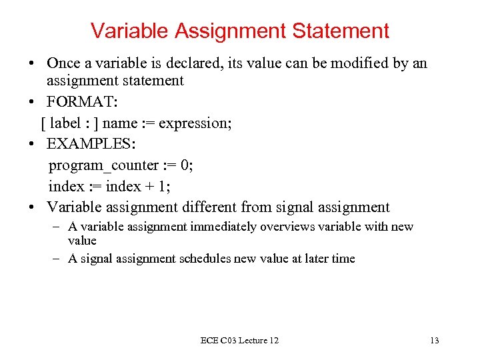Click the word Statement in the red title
[345, 31]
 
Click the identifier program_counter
[103, 165]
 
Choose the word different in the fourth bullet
[206, 207]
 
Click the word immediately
[225, 227]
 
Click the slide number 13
[435, 341]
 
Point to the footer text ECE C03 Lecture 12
[239, 341]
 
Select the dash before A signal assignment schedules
[58, 259]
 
